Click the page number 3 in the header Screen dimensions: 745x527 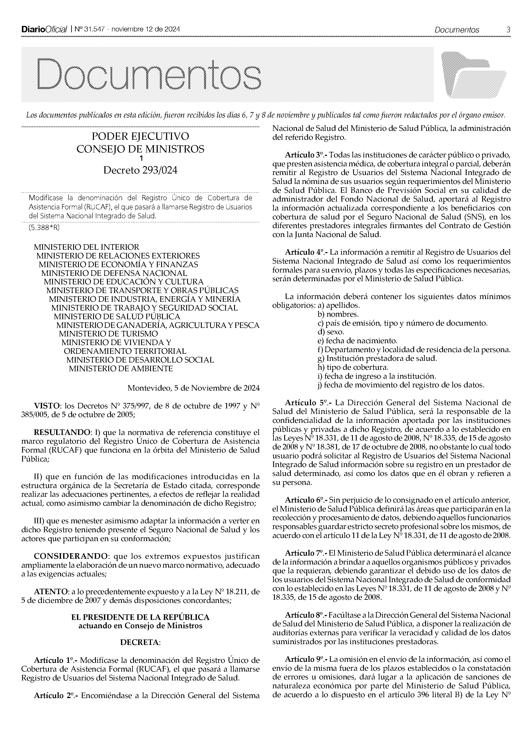tap(508, 30)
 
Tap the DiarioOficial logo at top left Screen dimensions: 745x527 tap(44, 30)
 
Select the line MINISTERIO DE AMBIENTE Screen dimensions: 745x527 tap(121, 369)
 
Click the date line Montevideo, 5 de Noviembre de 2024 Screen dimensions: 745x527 tap(193, 388)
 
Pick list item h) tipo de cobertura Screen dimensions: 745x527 tap(353, 367)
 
